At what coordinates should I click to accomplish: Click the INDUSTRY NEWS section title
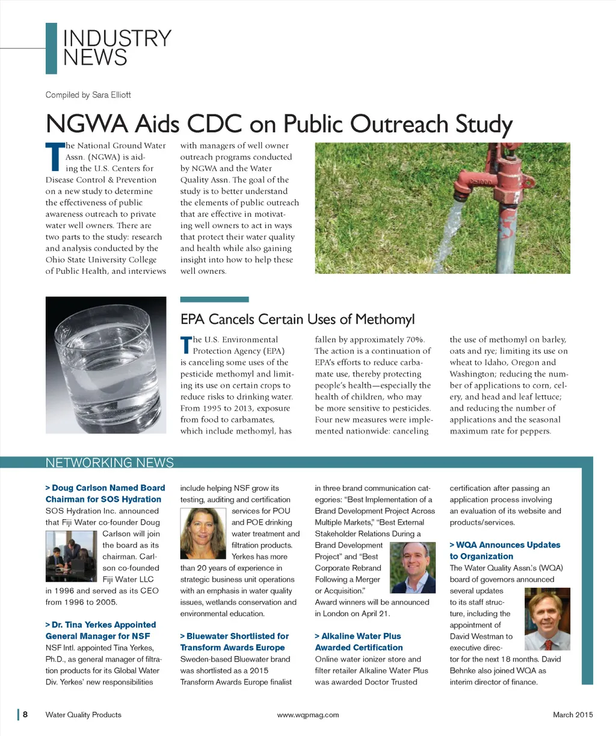[117, 48]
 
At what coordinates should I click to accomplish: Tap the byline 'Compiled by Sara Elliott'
[88, 95]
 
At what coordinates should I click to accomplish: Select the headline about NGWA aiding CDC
[279, 124]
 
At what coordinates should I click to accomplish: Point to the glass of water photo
[106, 364]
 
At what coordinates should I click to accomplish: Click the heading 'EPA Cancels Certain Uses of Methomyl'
[298, 319]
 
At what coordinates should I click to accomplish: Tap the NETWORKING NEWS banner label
[109, 463]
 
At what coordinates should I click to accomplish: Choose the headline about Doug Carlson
[105, 493]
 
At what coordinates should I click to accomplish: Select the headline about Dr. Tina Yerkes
[100, 630]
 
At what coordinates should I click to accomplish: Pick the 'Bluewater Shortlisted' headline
[234, 642]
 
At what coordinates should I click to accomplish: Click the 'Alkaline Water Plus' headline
[359, 642]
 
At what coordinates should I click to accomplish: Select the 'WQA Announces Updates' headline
[505, 551]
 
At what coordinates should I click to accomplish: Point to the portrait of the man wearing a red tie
[547, 619]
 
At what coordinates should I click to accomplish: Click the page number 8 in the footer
[25, 715]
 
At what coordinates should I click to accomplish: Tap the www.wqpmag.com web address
[308, 715]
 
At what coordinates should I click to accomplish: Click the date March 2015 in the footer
[573, 715]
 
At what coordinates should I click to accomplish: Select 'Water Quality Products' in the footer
[83, 715]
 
